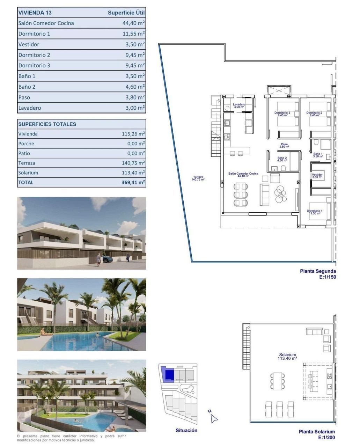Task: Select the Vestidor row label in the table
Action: [x=29, y=44]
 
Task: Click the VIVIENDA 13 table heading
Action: [x=35, y=13]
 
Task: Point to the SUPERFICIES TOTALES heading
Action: [x=47, y=124]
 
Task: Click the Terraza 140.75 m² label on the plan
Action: [x=198, y=178]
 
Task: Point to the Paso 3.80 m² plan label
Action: [x=284, y=145]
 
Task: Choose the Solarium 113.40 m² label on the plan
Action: [x=287, y=357]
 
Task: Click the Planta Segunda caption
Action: [x=318, y=271]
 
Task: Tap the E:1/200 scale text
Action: [x=326, y=438]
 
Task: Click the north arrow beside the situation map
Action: [x=214, y=418]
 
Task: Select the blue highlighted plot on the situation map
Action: [x=169, y=375]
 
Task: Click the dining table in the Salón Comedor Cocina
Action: [x=241, y=194]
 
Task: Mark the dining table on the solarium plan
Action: [x=277, y=381]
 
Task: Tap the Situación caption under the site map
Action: [x=186, y=431]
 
